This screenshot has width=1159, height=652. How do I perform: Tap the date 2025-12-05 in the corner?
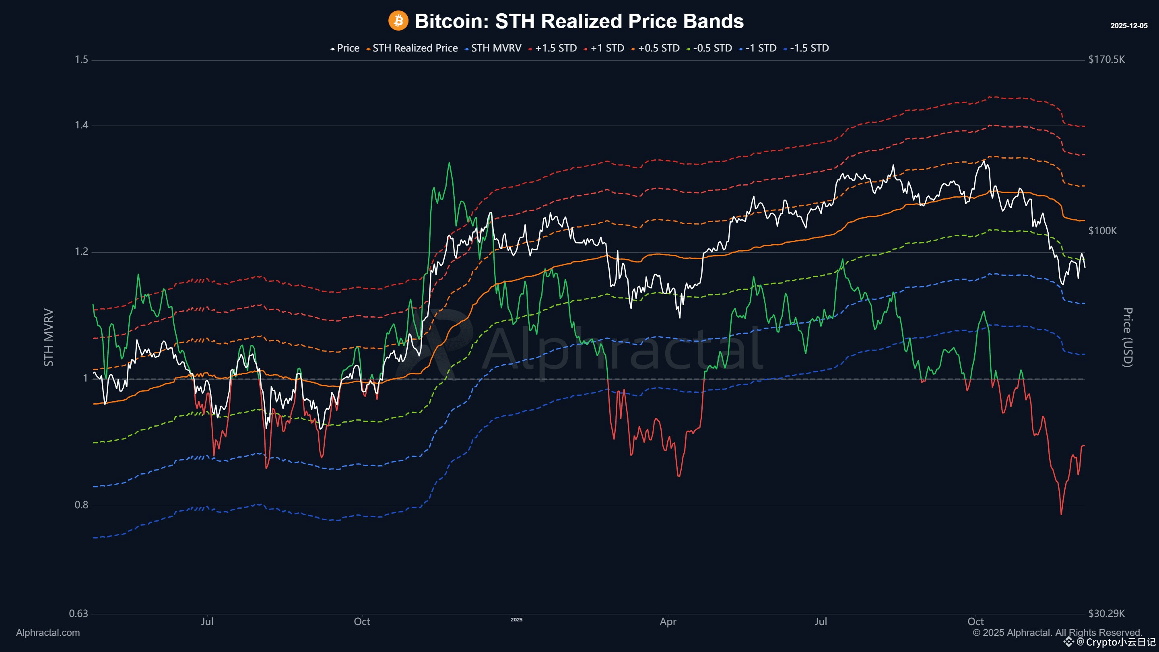click(x=1128, y=26)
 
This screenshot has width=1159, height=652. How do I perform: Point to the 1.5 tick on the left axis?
click(x=81, y=60)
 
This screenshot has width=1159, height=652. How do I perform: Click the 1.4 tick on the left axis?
click(x=81, y=125)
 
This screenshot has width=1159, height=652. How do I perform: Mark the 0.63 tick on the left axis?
click(x=78, y=614)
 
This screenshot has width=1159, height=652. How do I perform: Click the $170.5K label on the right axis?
click(x=1106, y=60)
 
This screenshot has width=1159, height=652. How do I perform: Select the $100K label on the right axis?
click(x=1102, y=231)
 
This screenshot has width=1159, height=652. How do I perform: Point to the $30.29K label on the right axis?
click(x=1106, y=614)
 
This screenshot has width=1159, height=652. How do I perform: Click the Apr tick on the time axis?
click(x=668, y=622)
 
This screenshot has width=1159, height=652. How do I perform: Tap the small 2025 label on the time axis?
click(x=516, y=620)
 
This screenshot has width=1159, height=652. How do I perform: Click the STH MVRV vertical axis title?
click(x=49, y=338)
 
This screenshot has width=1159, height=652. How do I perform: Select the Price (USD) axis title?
click(x=1128, y=338)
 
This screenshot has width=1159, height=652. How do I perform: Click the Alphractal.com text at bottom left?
click(x=48, y=633)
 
